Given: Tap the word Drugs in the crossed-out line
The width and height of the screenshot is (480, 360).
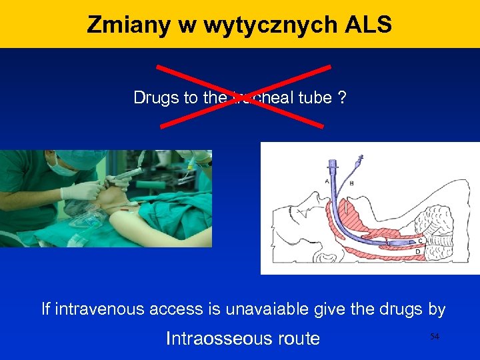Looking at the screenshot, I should (x=156, y=98).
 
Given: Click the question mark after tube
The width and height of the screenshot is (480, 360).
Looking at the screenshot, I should (x=341, y=98).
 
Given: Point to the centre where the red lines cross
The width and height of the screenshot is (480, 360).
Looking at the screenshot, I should (x=243, y=95).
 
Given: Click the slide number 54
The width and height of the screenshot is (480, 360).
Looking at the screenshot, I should (x=435, y=337).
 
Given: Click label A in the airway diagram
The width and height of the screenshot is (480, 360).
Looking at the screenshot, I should (x=326, y=181).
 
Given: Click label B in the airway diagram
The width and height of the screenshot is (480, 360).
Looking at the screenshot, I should (x=351, y=183).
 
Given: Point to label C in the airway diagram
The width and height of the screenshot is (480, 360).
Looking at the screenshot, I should (x=420, y=241).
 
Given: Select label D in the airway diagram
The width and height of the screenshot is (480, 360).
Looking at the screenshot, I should (x=417, y=251).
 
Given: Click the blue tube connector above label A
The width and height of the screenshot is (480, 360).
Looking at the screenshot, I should (x=333, y=165).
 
